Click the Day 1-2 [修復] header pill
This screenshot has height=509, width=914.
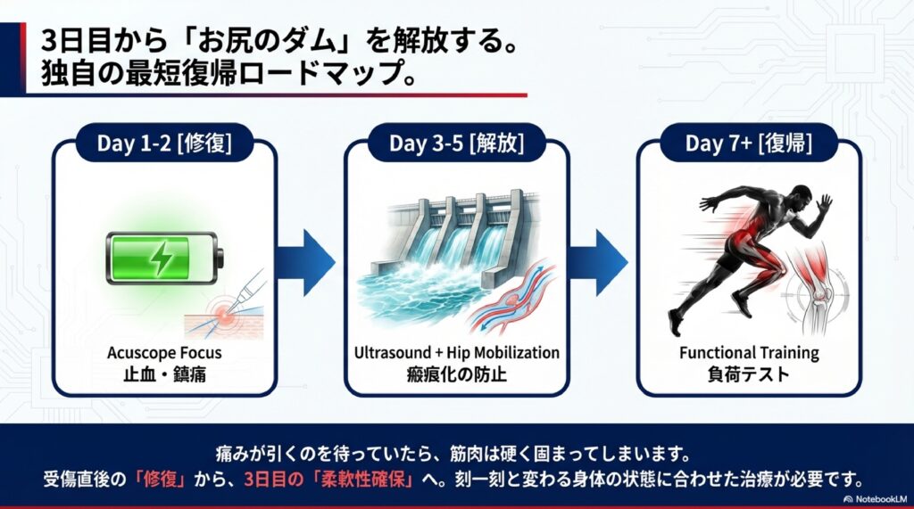pyautogui.click(x=164, y=143)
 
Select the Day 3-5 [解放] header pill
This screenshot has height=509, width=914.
pyautogui.click(x=456, y=143)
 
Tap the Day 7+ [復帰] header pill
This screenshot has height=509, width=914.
pyautogui.click(x=749, y=143)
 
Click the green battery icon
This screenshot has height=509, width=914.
pyautogui.click(x=164, y=258)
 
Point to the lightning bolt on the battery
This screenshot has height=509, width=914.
pyautogui.click(x=159, y=258)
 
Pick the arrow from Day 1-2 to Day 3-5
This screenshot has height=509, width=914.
pyautogui.click(x=306, y=262)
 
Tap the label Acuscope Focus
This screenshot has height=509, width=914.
pyautogui.click(x=164, y=353)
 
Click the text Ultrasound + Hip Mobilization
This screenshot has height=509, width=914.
pyautogui.click(x=456, y=353)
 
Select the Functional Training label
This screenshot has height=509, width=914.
pyautogui.click(x=749, y=353)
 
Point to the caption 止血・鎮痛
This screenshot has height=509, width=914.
pyautogui.click(x=164, y=374)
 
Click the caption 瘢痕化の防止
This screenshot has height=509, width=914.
pyautogui.click(x=456, y=374)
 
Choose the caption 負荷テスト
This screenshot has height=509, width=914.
pyautogui.click(x=749, y=374)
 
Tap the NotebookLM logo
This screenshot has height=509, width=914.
pyautogui.click(x=876, y=499)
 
